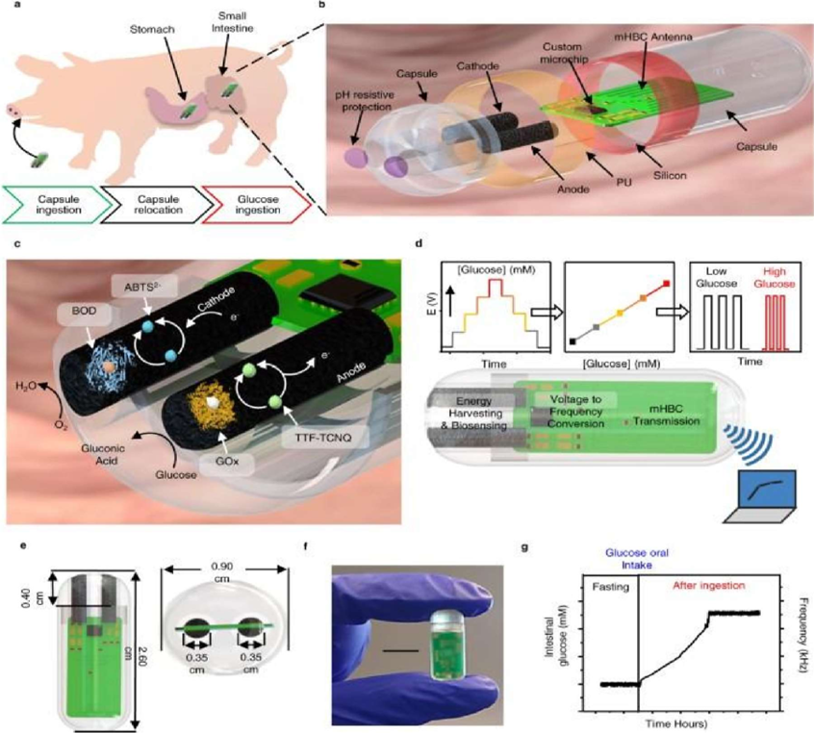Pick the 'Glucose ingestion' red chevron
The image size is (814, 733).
(258, 204)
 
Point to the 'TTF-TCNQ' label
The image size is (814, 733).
(309, 433)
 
